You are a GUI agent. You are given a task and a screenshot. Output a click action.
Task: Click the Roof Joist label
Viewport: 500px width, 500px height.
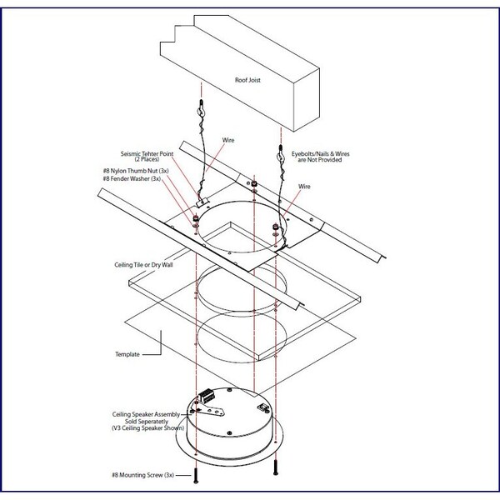247,80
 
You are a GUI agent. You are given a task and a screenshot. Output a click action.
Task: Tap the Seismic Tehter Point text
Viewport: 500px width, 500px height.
147,153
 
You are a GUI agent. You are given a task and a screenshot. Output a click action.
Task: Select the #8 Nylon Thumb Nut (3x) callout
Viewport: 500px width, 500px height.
136,171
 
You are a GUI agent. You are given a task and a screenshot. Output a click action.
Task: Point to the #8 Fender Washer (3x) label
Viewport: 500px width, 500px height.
132,179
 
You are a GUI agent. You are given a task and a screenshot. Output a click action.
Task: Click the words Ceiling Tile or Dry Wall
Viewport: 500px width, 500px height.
143,265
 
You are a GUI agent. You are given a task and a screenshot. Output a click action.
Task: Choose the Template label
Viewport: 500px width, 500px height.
127,354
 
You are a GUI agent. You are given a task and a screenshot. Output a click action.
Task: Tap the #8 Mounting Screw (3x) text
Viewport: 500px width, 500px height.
142,475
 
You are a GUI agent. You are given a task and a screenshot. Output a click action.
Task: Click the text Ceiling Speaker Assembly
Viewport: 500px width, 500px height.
146,414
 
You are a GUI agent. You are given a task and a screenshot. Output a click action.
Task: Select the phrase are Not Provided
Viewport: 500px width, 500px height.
320,160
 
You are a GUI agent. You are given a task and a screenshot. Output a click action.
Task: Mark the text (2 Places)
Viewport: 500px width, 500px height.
147,159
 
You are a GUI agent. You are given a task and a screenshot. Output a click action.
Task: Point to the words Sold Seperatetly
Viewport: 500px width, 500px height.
147,421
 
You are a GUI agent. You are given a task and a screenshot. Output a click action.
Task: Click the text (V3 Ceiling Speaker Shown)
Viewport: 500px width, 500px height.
148,428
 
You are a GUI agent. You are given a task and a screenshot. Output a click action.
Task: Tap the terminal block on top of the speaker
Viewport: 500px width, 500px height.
206,395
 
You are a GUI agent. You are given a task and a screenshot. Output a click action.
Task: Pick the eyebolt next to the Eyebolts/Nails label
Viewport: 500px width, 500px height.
280,154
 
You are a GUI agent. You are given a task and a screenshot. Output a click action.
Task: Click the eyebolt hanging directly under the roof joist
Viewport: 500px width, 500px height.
202,108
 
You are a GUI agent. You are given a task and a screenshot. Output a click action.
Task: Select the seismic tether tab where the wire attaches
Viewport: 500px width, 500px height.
202,202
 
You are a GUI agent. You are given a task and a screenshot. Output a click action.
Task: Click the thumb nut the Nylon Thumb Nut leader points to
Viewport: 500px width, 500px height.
196,218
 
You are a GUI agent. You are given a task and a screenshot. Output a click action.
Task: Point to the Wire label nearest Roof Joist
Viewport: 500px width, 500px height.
228,140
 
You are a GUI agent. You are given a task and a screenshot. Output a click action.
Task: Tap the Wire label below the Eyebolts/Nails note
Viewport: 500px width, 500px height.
304,187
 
